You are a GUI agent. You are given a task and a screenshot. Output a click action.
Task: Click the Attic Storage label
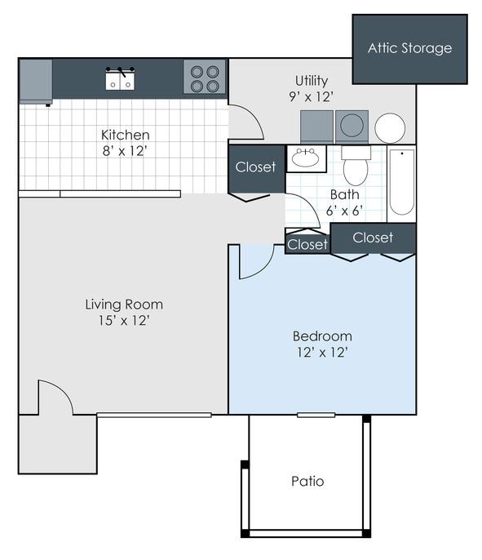[409, 48]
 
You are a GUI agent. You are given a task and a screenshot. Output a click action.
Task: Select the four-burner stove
[204, 78]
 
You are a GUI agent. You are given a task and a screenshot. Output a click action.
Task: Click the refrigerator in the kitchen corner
[36, 82]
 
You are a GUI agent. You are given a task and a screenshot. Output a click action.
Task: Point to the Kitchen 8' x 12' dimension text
[125, 151]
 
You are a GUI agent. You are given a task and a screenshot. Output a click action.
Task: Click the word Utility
[311, 81]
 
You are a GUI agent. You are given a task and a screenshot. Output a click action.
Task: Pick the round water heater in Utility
[390, 128]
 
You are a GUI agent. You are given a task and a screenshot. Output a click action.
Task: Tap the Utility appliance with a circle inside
[352, 127]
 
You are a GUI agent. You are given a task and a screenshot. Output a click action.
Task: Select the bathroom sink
[307, 158]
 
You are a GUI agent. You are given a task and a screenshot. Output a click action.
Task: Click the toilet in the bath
[356, 167]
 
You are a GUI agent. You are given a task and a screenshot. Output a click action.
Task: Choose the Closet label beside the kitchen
[255, 167]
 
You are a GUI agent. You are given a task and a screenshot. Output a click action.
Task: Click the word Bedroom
[322, 336]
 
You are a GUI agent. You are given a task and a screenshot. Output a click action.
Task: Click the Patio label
[307, 482]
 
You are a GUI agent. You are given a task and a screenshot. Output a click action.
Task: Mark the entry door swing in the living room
[55, 398]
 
